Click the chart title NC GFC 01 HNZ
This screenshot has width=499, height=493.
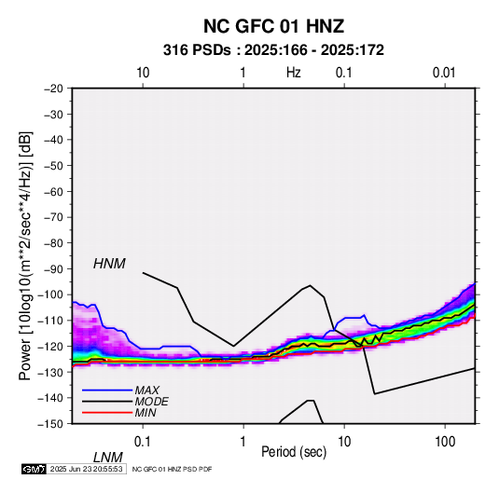(x=273, y=26)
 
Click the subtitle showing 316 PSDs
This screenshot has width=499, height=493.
(x=273, y=50)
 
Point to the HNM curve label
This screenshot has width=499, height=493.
(x=109, y=264)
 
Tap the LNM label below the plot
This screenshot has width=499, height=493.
(x=108, y=458)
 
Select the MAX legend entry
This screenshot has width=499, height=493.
(x=146, y=390)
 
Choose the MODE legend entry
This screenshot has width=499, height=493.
(x=151, y=402)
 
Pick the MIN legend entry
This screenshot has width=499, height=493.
(x=146, y=413)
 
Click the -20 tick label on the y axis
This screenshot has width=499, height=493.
(x=53, y=89)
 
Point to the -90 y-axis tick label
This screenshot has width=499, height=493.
(x=53, y=268)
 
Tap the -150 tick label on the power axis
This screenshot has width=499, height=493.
(x=50, y=424)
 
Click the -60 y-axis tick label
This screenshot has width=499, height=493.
(x=53, y=191)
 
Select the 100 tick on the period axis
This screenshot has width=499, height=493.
(x=445, y=441)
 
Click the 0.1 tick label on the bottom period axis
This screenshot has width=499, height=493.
(x=143, y=441)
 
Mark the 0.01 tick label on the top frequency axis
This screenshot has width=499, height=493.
(x=444, y=73)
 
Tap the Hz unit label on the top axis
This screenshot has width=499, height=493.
(x=294, y=73)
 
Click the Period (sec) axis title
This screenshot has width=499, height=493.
(x=294, y=452)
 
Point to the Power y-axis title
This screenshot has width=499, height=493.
(x=25, y=256)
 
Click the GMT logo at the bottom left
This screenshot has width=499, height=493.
(x=35, y=469)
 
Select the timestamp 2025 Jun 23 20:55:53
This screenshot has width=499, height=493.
(x=86, y=469)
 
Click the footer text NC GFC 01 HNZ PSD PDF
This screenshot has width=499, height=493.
(x=172, y=469)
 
